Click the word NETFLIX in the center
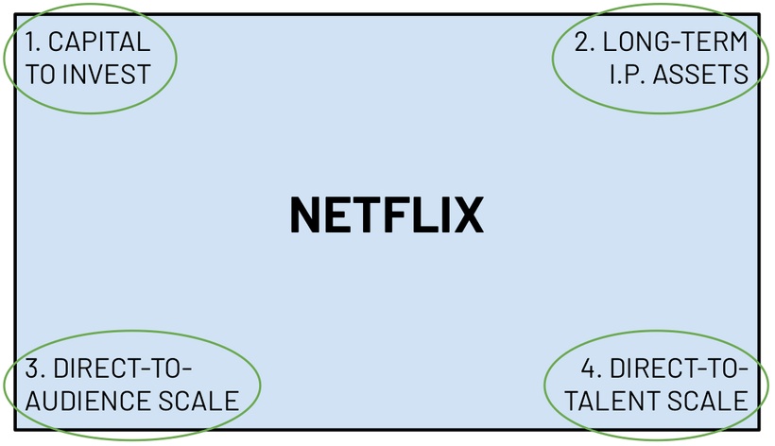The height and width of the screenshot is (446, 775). (x=386, y=215)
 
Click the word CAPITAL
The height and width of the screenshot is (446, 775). (x=99, y=43)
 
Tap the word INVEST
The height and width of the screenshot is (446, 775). (x=107, y=74)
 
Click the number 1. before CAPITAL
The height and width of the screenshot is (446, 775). (x=33, y=43)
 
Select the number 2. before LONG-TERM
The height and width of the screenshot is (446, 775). (x=585, y=43)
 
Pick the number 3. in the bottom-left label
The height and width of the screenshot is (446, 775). (x=35, y=369)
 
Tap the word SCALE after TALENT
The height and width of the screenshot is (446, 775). (x=706, y=401)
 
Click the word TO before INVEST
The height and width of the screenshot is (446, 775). (x=42, y=74)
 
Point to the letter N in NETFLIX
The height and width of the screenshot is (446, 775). (x=305, y=215)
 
